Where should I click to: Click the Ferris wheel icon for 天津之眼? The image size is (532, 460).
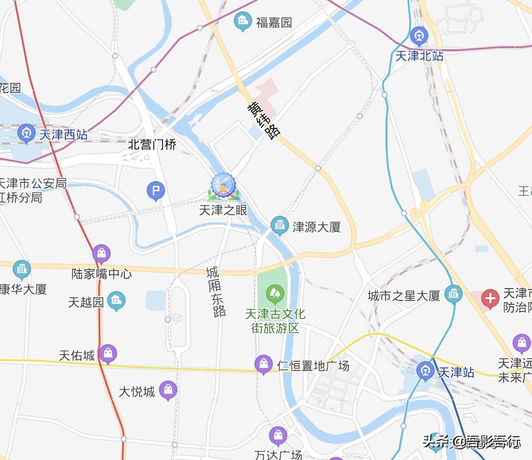(223, 186)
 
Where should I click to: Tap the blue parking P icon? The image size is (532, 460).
(156, 191)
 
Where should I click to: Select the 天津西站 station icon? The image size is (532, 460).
(26, 134)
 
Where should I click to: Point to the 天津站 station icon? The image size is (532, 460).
(425, 371)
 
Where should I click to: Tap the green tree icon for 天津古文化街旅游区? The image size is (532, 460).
(275, 293)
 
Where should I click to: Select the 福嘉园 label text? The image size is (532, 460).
(274, 22)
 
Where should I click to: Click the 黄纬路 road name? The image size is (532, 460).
(264, 121)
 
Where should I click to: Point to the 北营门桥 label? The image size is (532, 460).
(152, 145)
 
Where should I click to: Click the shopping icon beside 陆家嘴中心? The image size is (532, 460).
(101, 253)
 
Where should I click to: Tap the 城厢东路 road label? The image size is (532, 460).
(216, 292)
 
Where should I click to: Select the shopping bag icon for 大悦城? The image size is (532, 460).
(168, 390)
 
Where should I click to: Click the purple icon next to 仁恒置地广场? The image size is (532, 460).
(263, 364)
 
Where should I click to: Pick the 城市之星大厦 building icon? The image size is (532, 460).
(453, 294)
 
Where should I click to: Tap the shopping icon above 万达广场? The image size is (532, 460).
(278, 436)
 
